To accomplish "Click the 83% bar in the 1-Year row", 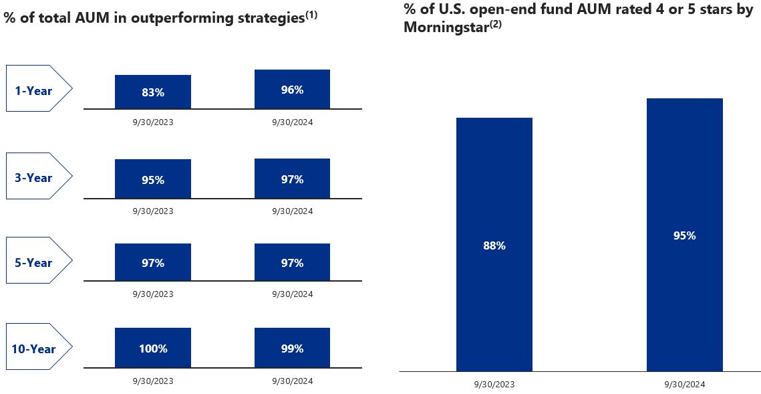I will [x=153, y=92].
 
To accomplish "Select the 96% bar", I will [x=292, y=89].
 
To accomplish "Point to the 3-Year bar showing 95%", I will [x=153, y=179].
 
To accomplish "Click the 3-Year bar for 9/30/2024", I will [x=292, y=179].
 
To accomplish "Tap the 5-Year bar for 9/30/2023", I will [x=153, y=263].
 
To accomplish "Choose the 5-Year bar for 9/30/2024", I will [x=292, y=263].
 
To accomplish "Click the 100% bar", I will [x=153, y=348].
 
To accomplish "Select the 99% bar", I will [x=292, y=348].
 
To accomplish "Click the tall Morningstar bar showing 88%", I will [x=494, y=245].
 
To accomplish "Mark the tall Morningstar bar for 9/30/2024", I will [x=685, y=235].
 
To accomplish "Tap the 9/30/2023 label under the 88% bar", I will [x=494, y=385].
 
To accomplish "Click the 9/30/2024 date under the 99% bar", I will [x=292, y=381].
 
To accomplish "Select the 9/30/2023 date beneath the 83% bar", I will [x=153, y=122].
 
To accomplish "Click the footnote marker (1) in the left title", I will [x=311, y=14].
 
